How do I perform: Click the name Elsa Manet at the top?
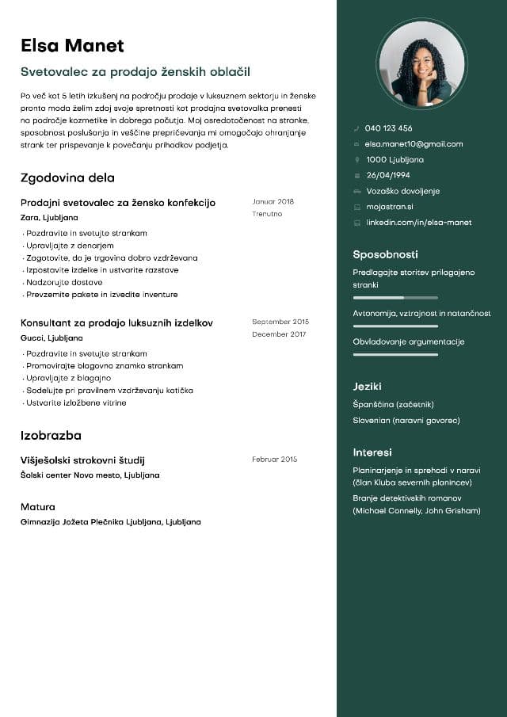point(72,45)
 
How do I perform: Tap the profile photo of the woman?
point(421,63)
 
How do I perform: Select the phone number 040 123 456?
point(388,128)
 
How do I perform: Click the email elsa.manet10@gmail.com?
point(414,144)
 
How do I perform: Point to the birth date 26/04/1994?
point(388,175)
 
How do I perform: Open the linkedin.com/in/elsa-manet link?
point(418,223)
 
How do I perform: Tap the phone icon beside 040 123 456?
point(357,128)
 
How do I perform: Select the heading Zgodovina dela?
point(67,178)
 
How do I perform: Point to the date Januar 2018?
point(273,202)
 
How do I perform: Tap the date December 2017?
point(279,334)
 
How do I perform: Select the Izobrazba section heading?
point(51,436)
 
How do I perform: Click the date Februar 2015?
point(274,460)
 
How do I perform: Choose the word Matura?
point(38,507)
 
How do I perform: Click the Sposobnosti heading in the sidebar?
point(385,255)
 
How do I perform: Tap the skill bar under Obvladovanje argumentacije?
point(395,354)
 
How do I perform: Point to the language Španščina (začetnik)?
point(393,405)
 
